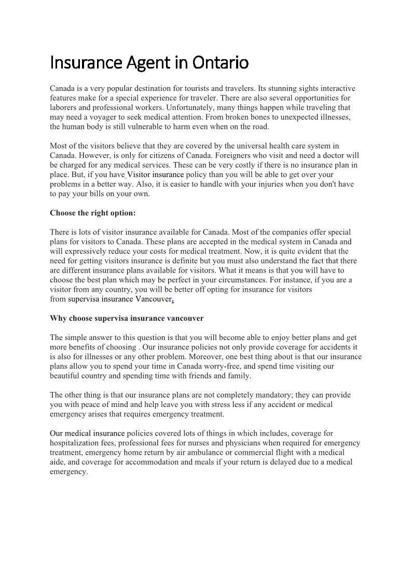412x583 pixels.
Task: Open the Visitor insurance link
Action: [x=156, y=174]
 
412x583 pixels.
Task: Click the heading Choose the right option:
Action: [x=92, y=213]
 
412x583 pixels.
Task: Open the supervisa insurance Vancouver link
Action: [x=120, y=299]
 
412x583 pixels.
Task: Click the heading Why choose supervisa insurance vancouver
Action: [x=127, y=318]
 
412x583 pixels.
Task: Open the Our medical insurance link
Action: [x=87, y=433]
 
